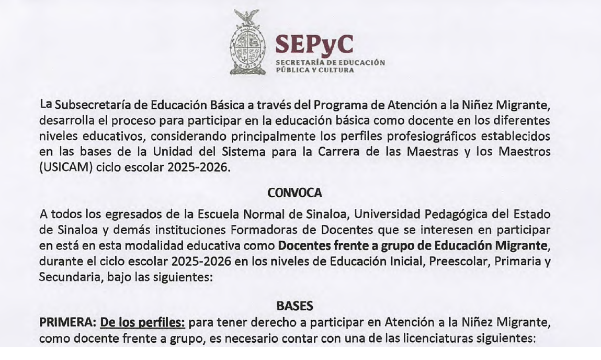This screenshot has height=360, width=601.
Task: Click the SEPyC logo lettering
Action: coord(314,45)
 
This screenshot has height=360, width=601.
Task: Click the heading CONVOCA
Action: coord(294,193)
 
